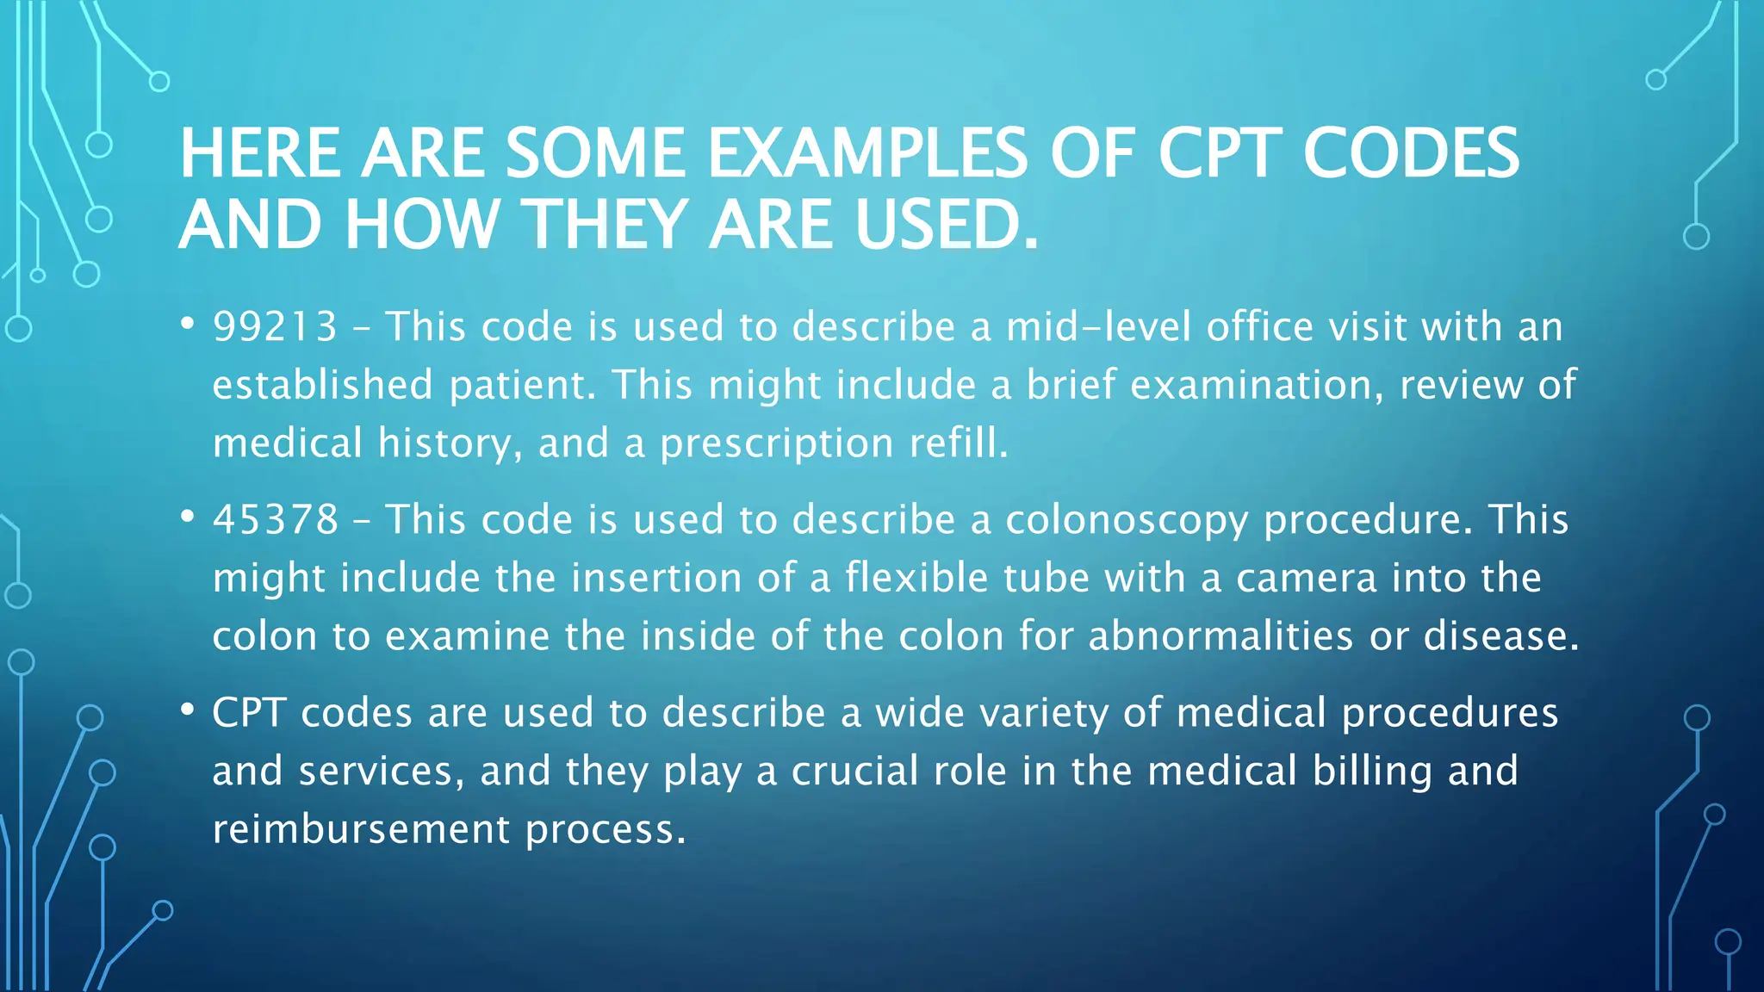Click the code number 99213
275,327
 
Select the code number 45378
276,520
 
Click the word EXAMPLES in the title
867,153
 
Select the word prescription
777,443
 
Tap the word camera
1306,578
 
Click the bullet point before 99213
187,325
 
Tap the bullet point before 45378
187,518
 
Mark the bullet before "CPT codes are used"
187,710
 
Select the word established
322,385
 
